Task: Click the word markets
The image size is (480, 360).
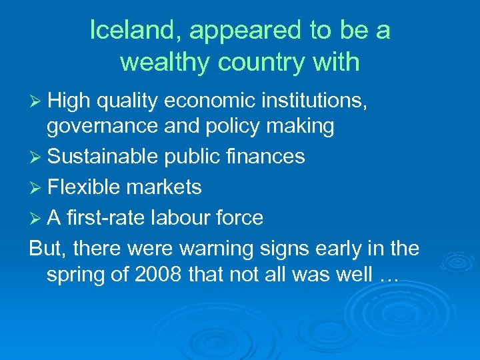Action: tap(164, 187)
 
